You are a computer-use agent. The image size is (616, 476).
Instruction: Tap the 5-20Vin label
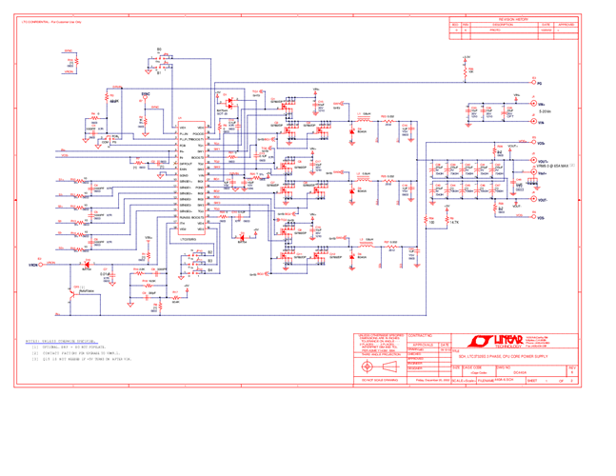(544, 112)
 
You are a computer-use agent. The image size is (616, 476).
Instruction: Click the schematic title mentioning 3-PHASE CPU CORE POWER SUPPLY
(508, 355)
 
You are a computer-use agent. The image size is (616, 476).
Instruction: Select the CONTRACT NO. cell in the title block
(425, 335)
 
